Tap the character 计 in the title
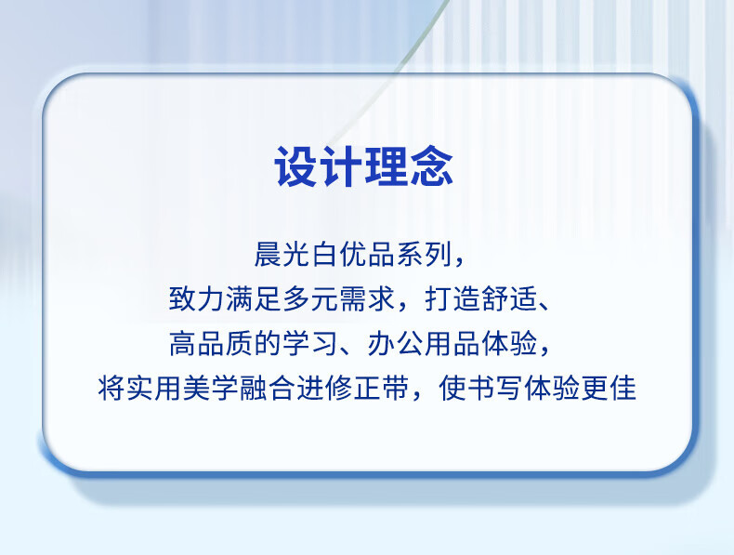point(340,166)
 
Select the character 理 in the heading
point(385,166)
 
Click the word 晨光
point(282,255)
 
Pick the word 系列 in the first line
point(425,255)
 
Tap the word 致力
point(197,298)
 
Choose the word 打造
point(453,298)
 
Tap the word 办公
point(396,343)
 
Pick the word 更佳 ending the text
point(609,389)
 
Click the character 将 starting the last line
point(111,389)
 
